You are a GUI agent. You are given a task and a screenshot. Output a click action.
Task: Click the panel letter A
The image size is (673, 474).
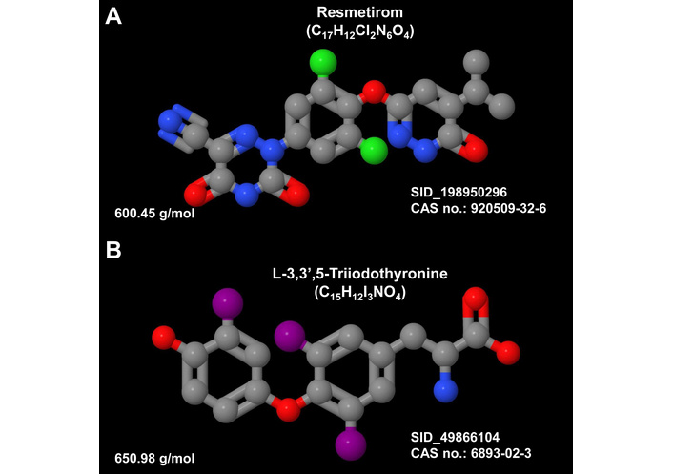[x=114, y=17]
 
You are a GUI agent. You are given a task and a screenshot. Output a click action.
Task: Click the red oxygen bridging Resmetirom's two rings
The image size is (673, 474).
[x=373, y=93]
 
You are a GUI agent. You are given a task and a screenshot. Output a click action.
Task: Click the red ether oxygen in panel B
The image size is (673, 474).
[x=283, y=411]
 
